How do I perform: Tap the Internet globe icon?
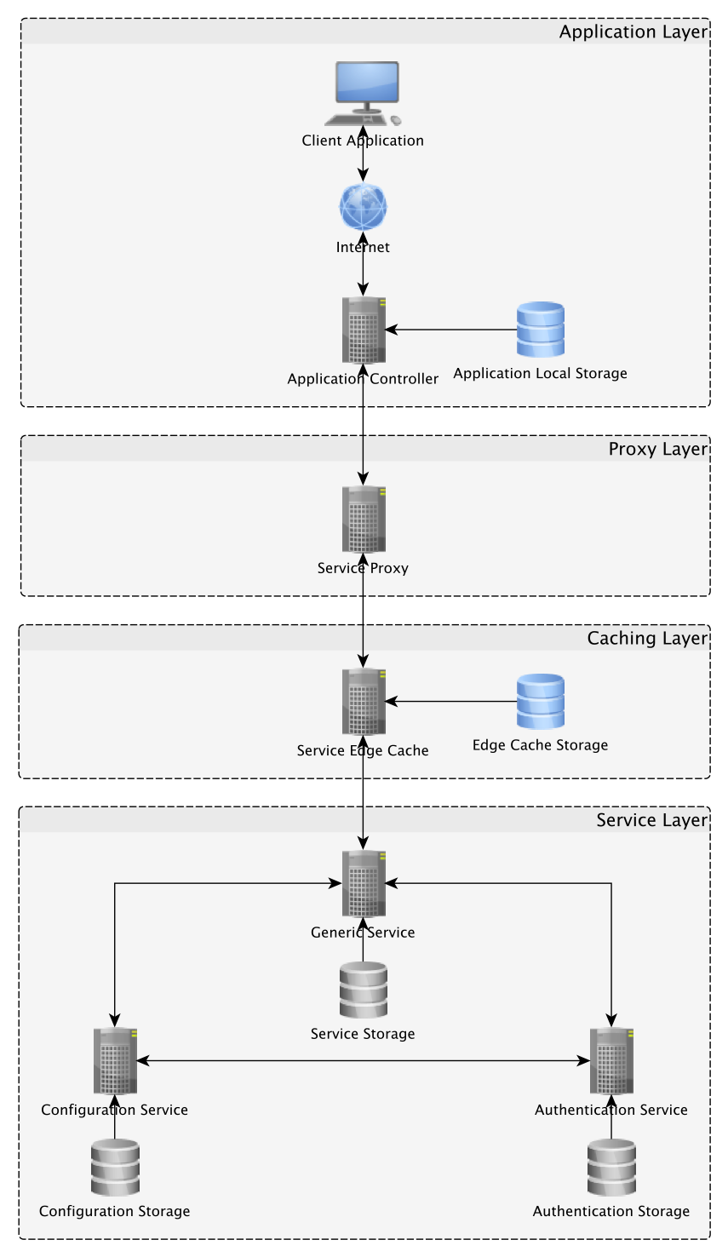point(364,207)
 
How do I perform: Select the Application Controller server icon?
point(364,330)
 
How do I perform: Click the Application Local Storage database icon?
point(541,330)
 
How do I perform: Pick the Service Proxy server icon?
point(364,519)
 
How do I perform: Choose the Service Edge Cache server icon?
point(364,702)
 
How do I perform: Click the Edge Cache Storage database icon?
point(541,702)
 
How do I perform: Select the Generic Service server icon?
point(364,883)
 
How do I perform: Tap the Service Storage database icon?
point(364,990)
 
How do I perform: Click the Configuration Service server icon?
point(115,1061)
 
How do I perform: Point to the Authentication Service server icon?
point(611,1061)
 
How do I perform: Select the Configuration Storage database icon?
point(115,1168)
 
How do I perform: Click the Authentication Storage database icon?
point(611,1168)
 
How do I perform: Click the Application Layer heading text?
point(633,32)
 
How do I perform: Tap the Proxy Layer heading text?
point(657,450)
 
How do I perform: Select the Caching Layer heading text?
point(647,639)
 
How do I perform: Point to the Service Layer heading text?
point(651,820)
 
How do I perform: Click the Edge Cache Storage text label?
point(540,745)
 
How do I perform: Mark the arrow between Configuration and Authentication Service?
point(364,1061)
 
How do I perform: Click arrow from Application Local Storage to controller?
point(451,330)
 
